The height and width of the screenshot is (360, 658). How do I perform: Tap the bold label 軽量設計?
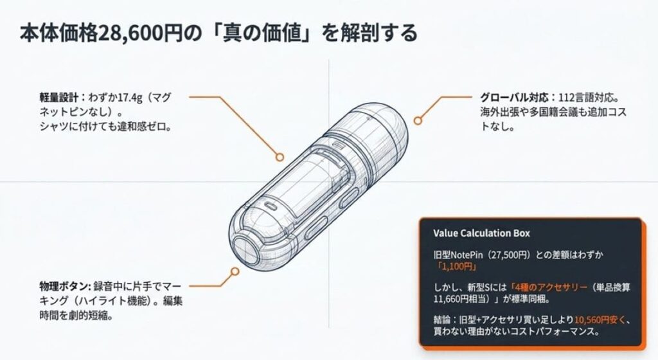[58, 98]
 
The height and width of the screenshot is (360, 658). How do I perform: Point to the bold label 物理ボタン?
[65, 287]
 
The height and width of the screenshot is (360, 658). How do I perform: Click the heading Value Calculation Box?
[481, 233]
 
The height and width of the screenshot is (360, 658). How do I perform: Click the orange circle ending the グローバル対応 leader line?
[418, 121]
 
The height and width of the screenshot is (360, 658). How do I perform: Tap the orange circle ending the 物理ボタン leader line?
[235, 271]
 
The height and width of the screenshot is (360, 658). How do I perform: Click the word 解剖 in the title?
[360, 33]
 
